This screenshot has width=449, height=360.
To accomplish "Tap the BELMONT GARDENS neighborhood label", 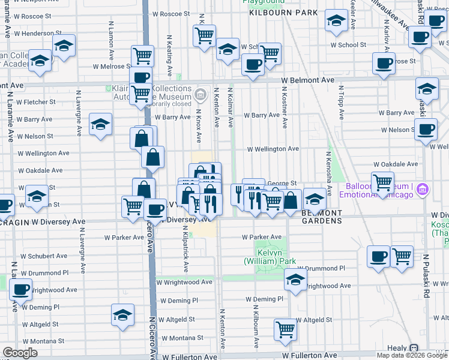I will [321, 217].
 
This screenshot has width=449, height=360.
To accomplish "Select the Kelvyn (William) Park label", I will [270, 257].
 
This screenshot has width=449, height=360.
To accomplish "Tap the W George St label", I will [282, 184].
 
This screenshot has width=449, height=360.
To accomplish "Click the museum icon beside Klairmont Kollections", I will [200, 94].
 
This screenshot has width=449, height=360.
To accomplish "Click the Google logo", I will [20, 353].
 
